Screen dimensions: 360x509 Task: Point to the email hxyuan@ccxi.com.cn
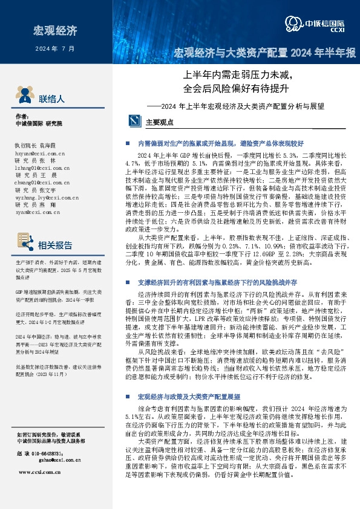[36, 154]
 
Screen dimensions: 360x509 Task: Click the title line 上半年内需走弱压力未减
[238, 77]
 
